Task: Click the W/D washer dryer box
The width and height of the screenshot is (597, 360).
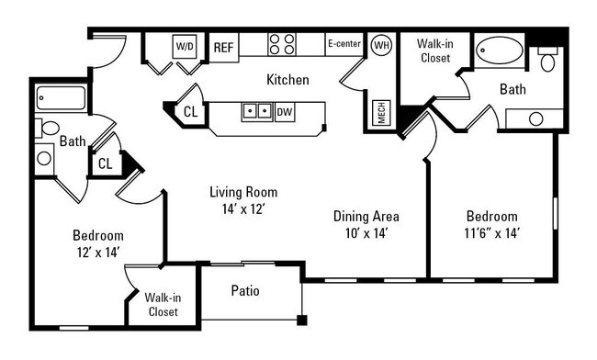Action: [185, 47]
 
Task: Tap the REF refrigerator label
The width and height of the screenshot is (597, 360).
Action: [223, 48]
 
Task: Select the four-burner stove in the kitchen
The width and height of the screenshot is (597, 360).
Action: [282, 44]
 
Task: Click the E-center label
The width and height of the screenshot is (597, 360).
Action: [344, 43]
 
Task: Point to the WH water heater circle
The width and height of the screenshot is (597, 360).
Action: [381, 45]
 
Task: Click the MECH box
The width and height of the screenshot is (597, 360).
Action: [381, 112]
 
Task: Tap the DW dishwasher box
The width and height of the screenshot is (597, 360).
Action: [285, 112]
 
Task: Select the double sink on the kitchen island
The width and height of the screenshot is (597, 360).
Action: [257, 112]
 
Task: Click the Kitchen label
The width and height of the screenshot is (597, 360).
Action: [287, 80]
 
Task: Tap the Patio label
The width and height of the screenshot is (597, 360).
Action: [245, 291]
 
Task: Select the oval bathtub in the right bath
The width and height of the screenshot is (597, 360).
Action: [501, 51]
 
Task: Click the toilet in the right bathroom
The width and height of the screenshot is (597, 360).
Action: [548, 60]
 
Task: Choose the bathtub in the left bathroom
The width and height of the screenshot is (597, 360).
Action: [61, 98]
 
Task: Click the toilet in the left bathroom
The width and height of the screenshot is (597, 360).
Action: [47, 128]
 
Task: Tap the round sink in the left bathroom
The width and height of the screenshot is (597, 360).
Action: [44, 158]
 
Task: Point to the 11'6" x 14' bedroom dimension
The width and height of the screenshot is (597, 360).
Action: [492, 233]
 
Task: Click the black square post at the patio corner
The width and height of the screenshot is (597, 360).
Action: [302, 321]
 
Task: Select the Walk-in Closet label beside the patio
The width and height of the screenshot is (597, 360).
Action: [163, 305]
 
